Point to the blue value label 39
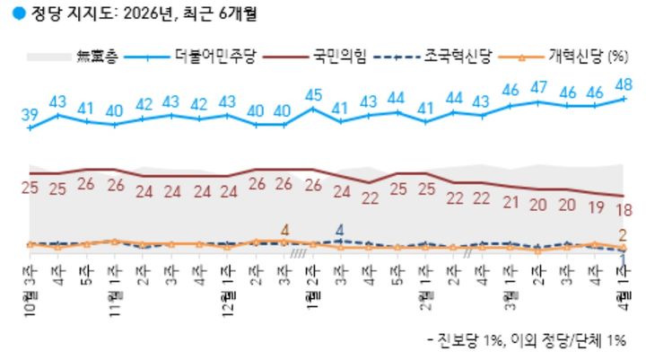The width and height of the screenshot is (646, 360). pos(30,114)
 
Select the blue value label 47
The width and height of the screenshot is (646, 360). pos(539,87)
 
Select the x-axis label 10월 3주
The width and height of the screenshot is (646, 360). pos(30,292)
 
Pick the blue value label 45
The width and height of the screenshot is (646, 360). pos(313,94)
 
